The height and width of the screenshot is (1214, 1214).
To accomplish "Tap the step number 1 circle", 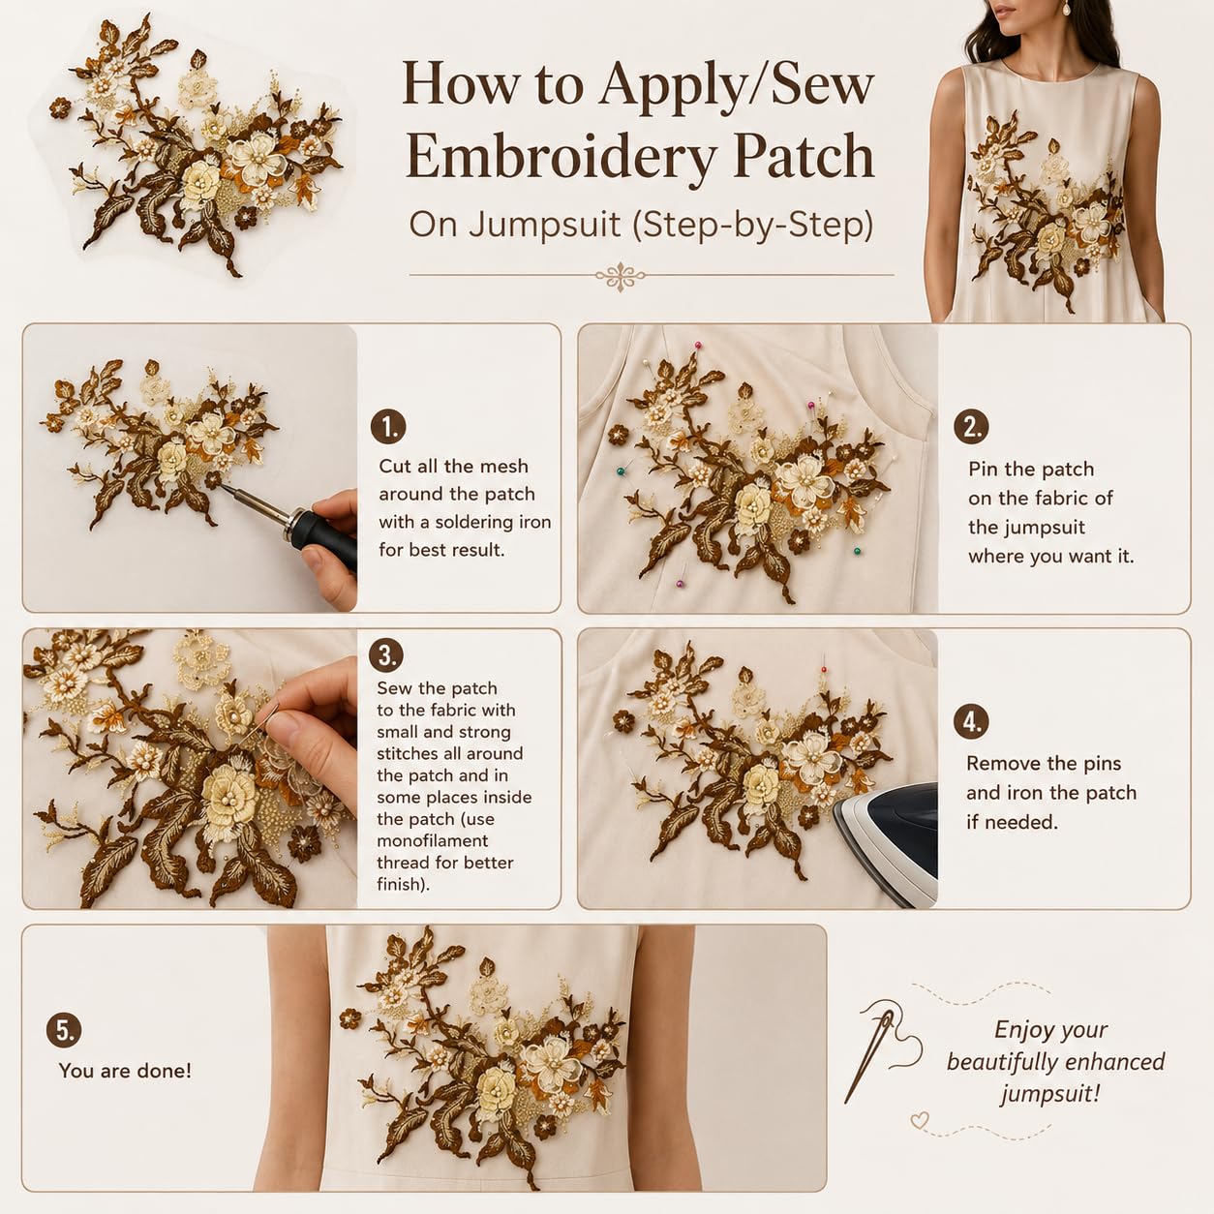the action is click(388, 427).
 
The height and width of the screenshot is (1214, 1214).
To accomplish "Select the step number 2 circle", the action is click(971, 427).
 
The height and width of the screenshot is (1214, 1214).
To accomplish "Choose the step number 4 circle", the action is click(971, 722).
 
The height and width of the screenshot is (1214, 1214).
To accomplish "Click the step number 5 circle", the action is click(64, 1030).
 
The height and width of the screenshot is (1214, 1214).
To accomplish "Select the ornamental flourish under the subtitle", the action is click(621, 276).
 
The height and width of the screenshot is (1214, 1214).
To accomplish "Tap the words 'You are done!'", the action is click(125, 1071).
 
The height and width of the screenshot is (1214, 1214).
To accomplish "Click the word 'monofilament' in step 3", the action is click(432, 841).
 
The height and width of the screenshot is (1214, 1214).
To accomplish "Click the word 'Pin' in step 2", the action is click(983, 469).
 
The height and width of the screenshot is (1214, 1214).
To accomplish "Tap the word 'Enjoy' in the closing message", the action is click(1019, 1030).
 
